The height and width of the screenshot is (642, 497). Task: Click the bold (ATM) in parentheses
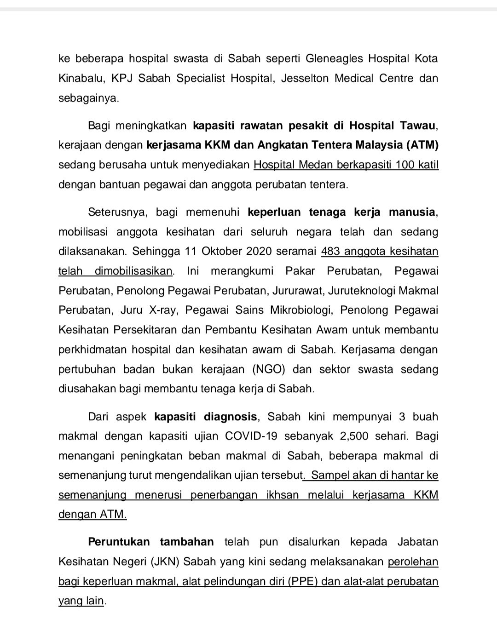(x=422, y=145)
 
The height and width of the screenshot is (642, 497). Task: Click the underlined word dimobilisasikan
(x=133, y=271)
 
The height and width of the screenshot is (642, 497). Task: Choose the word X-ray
(x=160, y=310)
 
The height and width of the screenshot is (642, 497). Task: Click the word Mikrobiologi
(x=295, y=310)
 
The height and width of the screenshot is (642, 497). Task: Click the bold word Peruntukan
(x=119, y=542)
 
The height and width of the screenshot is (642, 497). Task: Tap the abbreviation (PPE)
(x=303, y=581)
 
